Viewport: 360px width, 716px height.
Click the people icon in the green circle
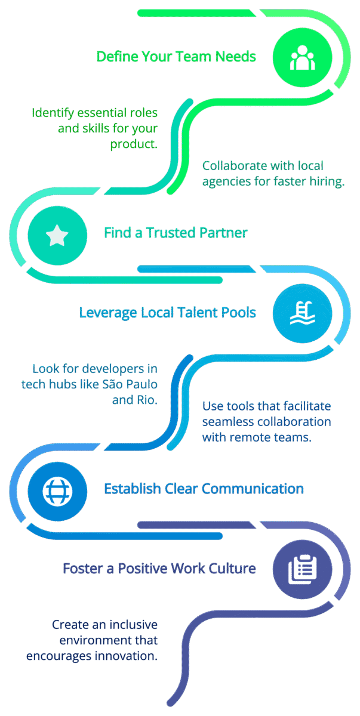[302, 57]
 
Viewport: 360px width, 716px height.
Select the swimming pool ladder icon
[302, 313]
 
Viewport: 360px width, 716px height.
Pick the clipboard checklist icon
[302, 569]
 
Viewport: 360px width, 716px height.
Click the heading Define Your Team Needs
[176, 57]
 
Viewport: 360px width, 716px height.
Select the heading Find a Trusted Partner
[176, 233]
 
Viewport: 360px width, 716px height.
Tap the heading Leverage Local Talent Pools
[167, 312]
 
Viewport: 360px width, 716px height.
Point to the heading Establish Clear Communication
[204, 489]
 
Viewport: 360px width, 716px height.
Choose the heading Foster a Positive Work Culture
[159, 568]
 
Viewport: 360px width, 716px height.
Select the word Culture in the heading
[234, 568]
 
